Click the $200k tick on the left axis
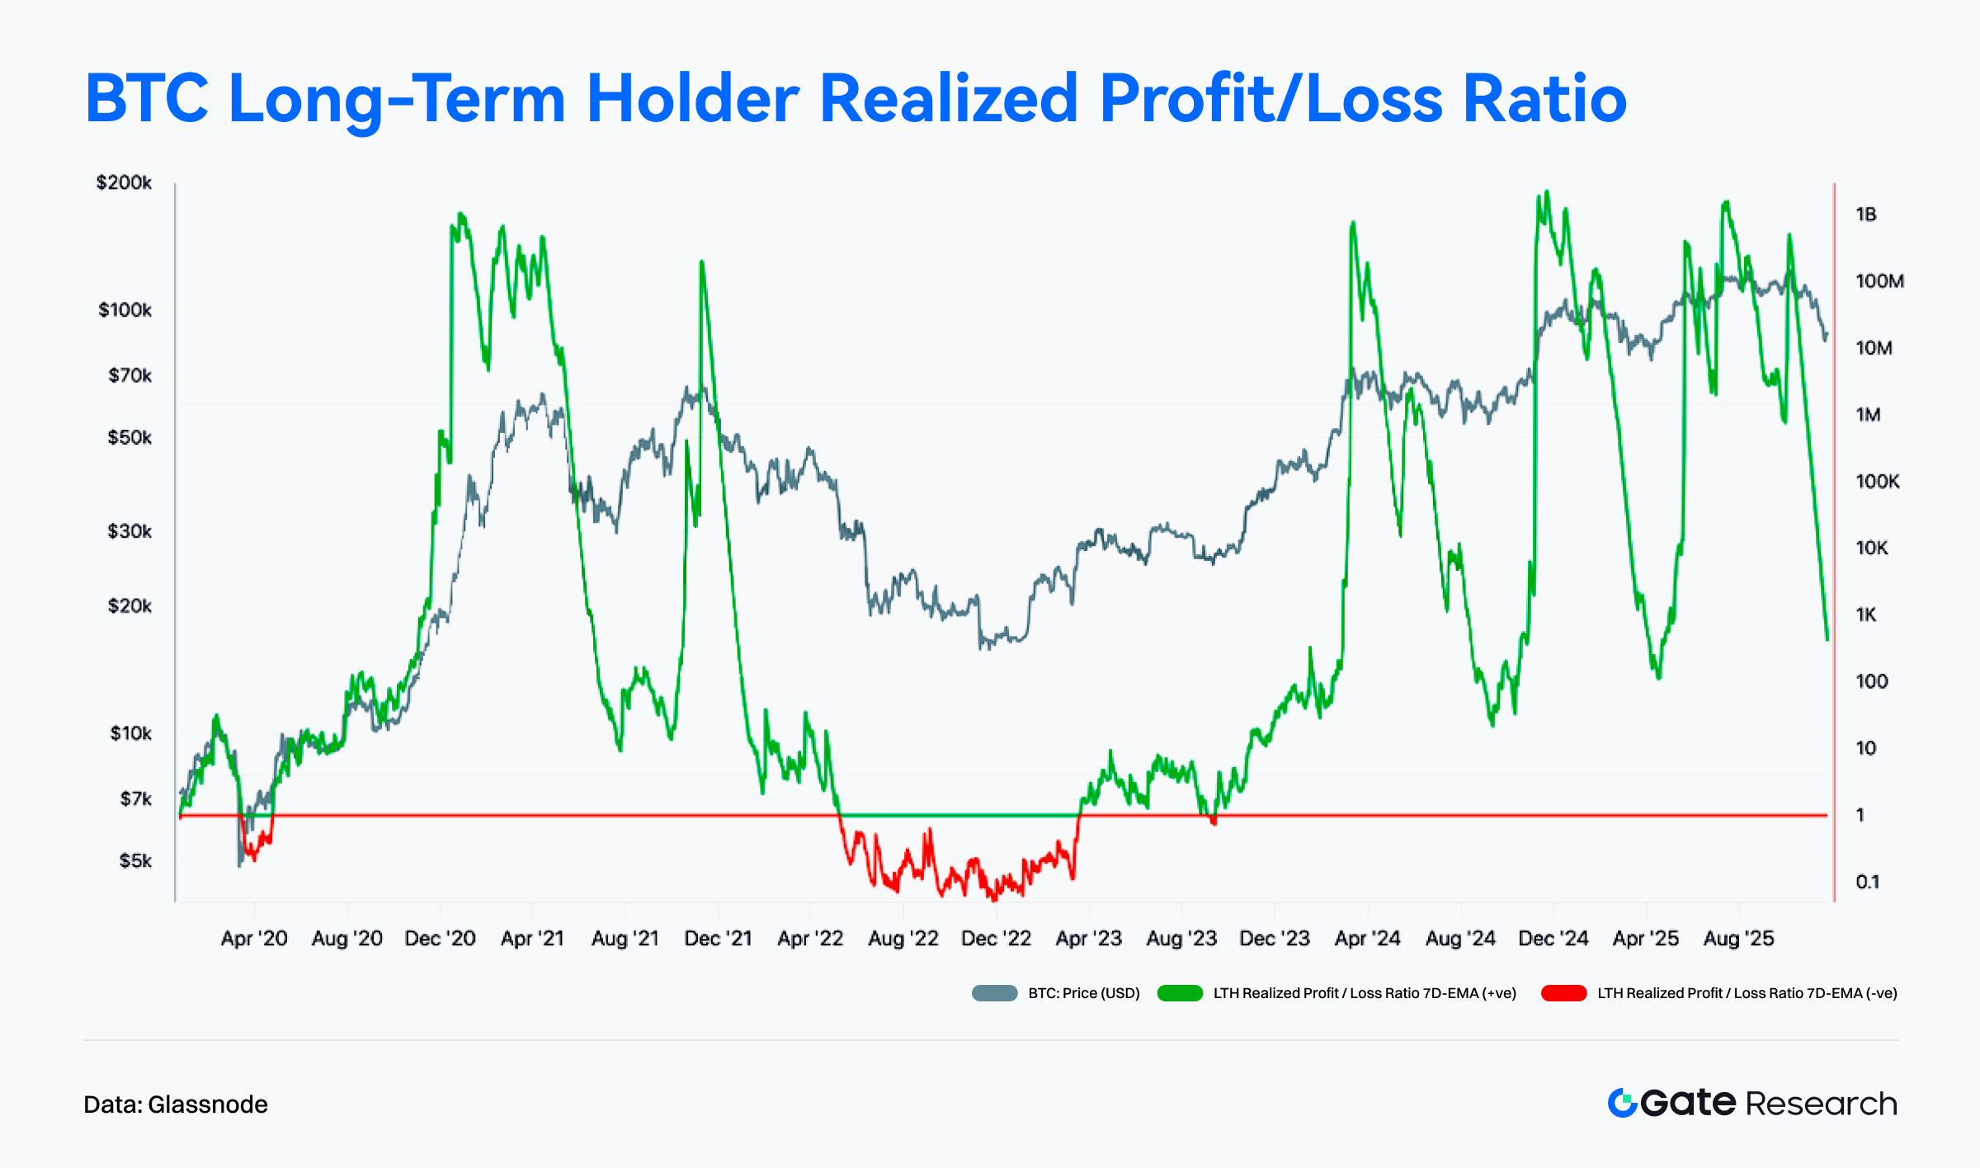(x=124, y=182)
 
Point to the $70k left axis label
(x=130, y=376)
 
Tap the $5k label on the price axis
(x=135, y=861)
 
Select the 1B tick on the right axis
(x=1866, y=214)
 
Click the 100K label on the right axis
(x=1878, y=482)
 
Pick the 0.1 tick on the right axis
(x=1868, y=882)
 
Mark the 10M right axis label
(x=1874, y=348)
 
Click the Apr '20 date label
(x=254, y=939)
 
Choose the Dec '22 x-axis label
(x=996, y=939)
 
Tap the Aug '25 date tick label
(x=1738, y=939)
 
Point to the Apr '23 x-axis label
(x=1089, y=939)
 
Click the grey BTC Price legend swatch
(x=994, y=993)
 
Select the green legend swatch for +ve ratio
(x=1180, y=993)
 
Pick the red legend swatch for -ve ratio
(x=1563, y=993)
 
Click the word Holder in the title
(x=692, y=98)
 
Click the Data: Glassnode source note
(x=176, y=1104)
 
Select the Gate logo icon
(x=1622, y=1103)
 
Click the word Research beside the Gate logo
(x=1822, y=1104)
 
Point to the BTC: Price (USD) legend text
(x=1084, y=993)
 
